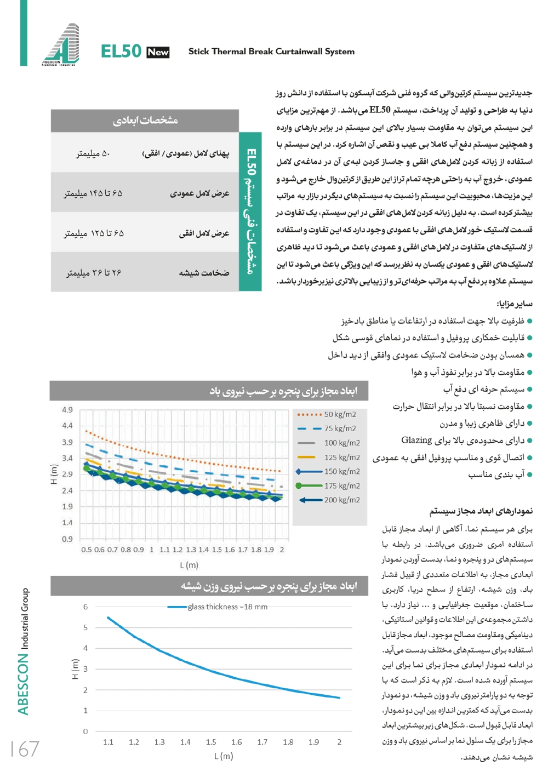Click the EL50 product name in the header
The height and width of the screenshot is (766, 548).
(121, 52)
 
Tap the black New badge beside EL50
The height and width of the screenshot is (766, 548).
(158, 52)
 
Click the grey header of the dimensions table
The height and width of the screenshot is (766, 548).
(145, 121)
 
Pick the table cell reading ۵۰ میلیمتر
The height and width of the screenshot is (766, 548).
(93, 153)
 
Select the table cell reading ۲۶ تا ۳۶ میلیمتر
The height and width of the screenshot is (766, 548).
(94, 272)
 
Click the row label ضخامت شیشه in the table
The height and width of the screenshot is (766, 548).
(204, 272)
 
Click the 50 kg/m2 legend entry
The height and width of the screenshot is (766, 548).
(340, 414)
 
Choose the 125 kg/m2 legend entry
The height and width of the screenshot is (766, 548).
(342, 457)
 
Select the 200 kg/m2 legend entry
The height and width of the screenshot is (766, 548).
(342, 500)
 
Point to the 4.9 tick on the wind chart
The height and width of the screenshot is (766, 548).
(67, 410)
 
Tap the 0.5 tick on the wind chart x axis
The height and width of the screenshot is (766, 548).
(87, 550)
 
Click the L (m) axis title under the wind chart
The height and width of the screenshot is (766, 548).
(189, 565)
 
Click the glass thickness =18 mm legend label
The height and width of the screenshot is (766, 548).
(227, 607)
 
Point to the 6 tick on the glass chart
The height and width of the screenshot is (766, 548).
(85, 607)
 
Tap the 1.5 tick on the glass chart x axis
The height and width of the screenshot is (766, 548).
(211, 742)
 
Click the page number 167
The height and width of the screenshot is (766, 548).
(25, 748)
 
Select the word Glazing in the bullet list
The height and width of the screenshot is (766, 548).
(416, 440)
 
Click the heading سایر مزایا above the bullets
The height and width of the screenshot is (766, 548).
(514, 304)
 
